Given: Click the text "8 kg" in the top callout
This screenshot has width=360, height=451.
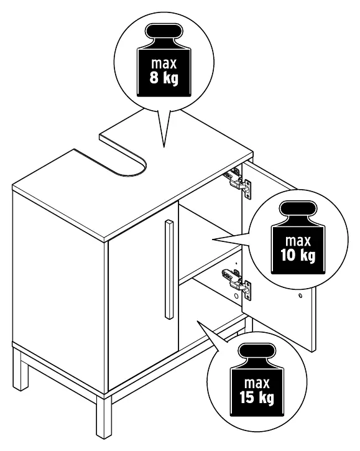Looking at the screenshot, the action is click(164, 78).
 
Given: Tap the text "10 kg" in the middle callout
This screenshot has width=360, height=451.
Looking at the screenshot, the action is click(298, 255).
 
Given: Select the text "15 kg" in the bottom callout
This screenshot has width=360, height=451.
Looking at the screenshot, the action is click(257, 398).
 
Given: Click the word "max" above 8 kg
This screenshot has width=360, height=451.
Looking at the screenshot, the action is click(164, 63).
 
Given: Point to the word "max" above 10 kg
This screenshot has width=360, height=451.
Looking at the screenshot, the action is click(298, 241).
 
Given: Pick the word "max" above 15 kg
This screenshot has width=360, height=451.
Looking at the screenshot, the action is click(257, 383).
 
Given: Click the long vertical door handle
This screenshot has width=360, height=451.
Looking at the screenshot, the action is click(169, 269).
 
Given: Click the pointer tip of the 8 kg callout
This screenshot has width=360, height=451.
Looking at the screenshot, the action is click(164, 147).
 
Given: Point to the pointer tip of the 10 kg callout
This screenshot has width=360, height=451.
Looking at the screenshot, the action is click(213, 239).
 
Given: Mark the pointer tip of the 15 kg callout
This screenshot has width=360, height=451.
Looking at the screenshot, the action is click(198, 321).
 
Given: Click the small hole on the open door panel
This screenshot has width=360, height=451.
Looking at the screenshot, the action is click(300, 295).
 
